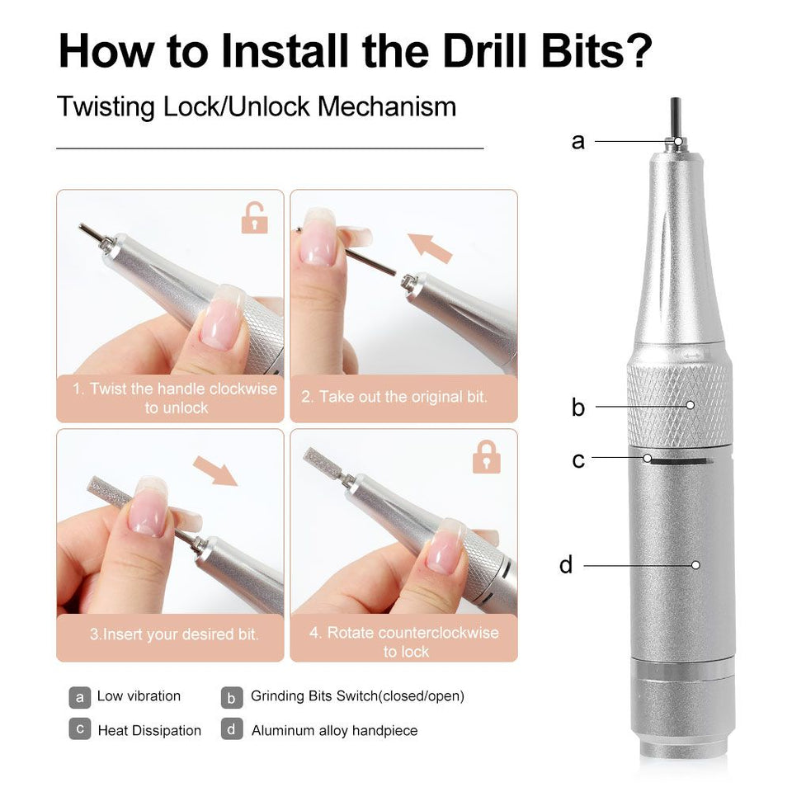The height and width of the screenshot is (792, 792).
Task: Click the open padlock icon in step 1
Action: pos(254,218)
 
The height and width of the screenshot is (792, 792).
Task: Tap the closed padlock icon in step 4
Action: pos(487,457)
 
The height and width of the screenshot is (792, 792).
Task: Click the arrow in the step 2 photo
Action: pos(430,248)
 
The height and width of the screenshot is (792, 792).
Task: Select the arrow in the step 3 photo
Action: pos(215,471)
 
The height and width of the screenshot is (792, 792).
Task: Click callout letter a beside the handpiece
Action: pos(577,141)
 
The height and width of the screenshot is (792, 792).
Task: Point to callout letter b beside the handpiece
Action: pos(577,406)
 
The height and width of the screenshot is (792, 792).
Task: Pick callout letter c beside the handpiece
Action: pos(578,460)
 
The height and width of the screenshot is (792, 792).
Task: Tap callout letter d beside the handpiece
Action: pos(566,564)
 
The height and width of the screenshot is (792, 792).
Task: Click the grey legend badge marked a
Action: pos(80,698)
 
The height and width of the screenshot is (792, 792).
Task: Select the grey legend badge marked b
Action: pos(232,698)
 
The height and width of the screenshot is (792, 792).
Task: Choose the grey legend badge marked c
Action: pos(80,728)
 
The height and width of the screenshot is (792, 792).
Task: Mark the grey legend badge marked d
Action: pos(232,728)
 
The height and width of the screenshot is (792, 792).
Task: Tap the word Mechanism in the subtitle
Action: pos(387,106)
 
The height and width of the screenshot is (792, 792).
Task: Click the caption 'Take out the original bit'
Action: pos(394,397)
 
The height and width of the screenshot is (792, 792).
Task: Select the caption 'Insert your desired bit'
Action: pos(174,634)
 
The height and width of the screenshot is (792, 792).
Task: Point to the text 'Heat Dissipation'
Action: pos(149,730)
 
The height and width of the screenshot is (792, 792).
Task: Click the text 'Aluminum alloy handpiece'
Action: pos(334,730)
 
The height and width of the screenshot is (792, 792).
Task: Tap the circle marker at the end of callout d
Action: pos(695,565)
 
